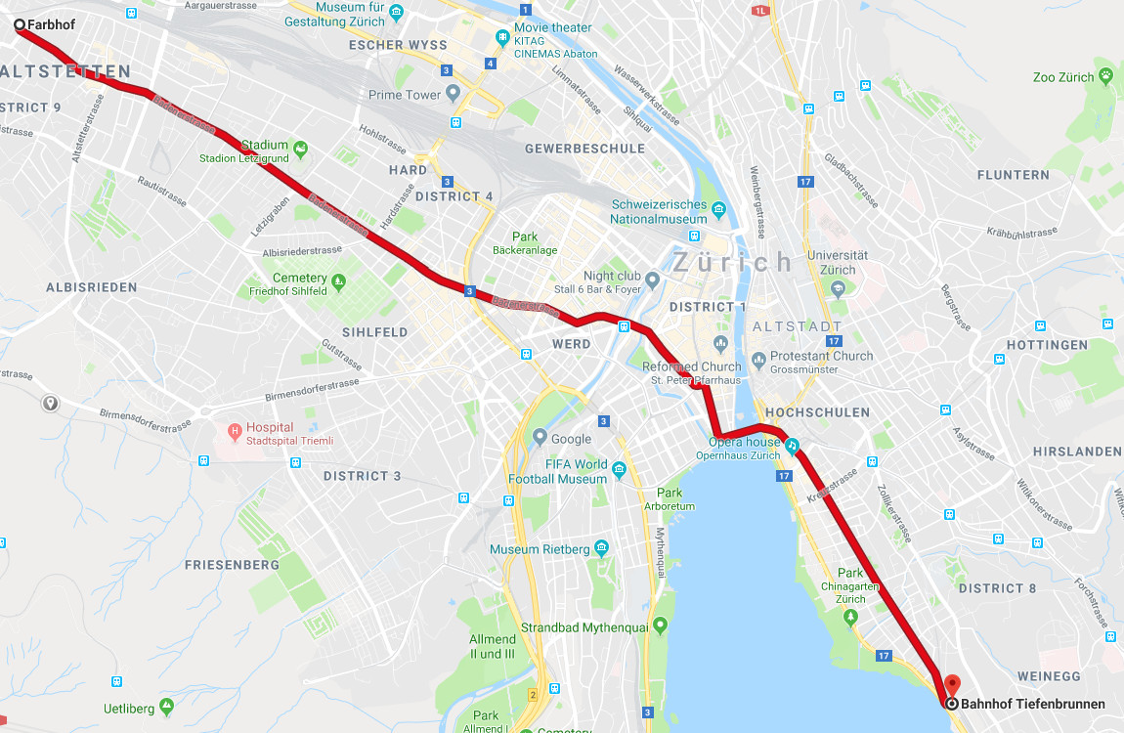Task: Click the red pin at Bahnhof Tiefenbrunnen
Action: click(x=951, y=685)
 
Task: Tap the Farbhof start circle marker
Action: click(x=19, y=22)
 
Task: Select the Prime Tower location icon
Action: click(x=453, y=95)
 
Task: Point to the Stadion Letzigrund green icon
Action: click(x=300, y=151)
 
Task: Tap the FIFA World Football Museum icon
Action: click(x=619, y=472)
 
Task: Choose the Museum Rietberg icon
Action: click(x=601, y=548)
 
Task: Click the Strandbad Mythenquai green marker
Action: click(x=661, y=625)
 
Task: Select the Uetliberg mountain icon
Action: click(x=167, y=706)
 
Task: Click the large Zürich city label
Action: click(x=733, y=262)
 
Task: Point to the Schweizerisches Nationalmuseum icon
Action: click(x=719, y=209)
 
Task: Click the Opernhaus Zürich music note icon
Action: click(x=792, y=446)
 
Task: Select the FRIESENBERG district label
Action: click(x=232, y=565)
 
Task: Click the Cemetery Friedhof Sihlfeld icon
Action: click(x=339, y=282)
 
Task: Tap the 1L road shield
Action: click(x=761, y=11)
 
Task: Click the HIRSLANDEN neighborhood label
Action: click(x=1077, y=452)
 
